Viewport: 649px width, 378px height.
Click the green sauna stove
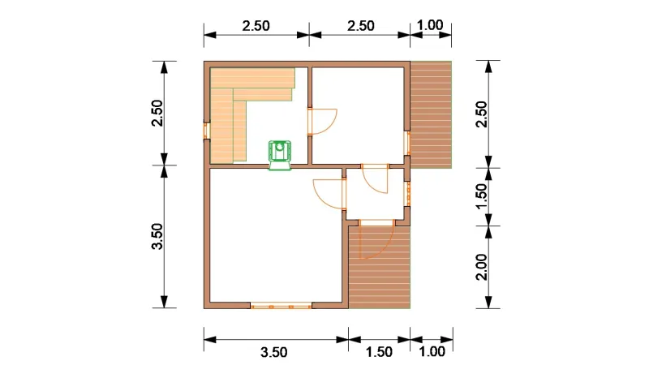tap(280, 155)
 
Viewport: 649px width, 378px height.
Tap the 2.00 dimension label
tap(482, 268)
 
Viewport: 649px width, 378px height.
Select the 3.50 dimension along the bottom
tap(274, 352)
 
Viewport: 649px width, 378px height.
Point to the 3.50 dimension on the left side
tap(157, 236)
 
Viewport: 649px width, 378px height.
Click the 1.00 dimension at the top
tap(430, 25)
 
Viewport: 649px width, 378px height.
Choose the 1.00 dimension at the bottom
tap(432, 352)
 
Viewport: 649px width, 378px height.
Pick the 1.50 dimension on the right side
tap(482, 196)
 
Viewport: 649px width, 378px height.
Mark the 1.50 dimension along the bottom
tap(379, 352)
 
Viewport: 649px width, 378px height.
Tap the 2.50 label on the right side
tap(482, 114)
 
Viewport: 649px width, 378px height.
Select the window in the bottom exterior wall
tap(281, 306)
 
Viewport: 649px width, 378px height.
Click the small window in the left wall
tap(206, 131)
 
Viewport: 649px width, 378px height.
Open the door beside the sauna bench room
tap(322, 122)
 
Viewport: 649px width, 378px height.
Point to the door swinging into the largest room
tap(329, 193)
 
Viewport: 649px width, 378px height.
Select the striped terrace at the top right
tap(431, 114)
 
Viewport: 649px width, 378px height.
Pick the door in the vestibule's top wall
tap(375, 178)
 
